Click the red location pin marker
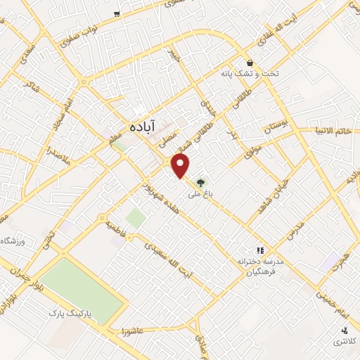tap(181, 166)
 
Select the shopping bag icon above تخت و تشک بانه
tap(250, 62)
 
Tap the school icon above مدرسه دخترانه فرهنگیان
tap(259, 250)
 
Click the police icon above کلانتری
tap(344, 330)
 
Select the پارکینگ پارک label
tap(71, 311)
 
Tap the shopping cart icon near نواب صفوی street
tap(117, 13)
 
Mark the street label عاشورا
tap(132, 330)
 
